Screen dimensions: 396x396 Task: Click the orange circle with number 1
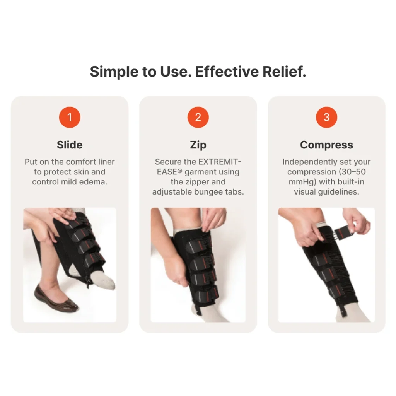(70, 117)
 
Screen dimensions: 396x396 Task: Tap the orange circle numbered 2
(198, 117)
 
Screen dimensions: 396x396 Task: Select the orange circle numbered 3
(326, 117)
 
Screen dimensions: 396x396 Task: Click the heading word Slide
(70, 145)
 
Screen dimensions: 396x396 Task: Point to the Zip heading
(198, 145)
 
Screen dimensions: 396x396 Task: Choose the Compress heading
(326, 145)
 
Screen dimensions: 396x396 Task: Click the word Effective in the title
(227, 72)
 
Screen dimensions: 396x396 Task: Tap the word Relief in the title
(284, 72)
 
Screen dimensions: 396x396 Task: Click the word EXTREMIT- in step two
(220, 162)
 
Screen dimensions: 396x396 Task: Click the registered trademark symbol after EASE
(180, 171)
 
